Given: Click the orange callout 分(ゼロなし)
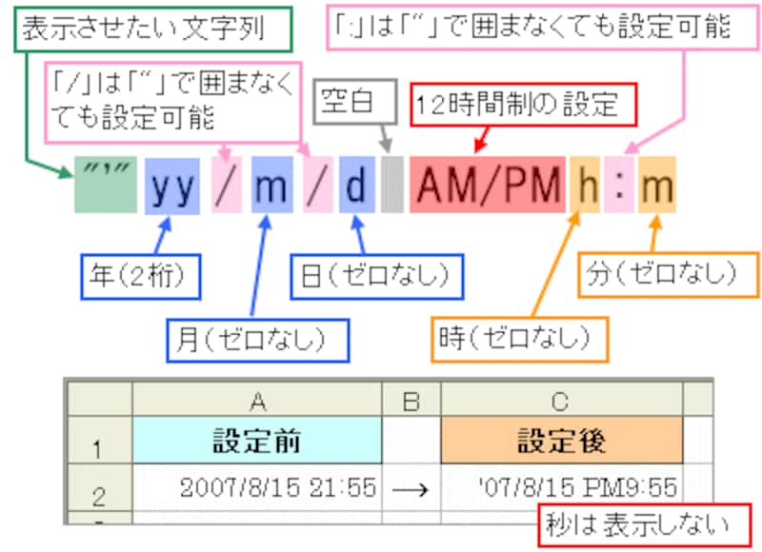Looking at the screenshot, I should pyautogui.click(x=659, y=275).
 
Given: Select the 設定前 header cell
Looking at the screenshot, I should pyautogui.click(x=256, y=441).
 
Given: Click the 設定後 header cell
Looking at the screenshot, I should pyautogui.click(x=562, y=441).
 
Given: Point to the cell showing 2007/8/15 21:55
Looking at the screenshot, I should pyautogui.click(x=256, y=488).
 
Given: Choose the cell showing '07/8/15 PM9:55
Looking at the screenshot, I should pyautogui.click(x=562, y=488).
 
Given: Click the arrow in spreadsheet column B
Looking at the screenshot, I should pyautogui.click(x=411, y=488).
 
